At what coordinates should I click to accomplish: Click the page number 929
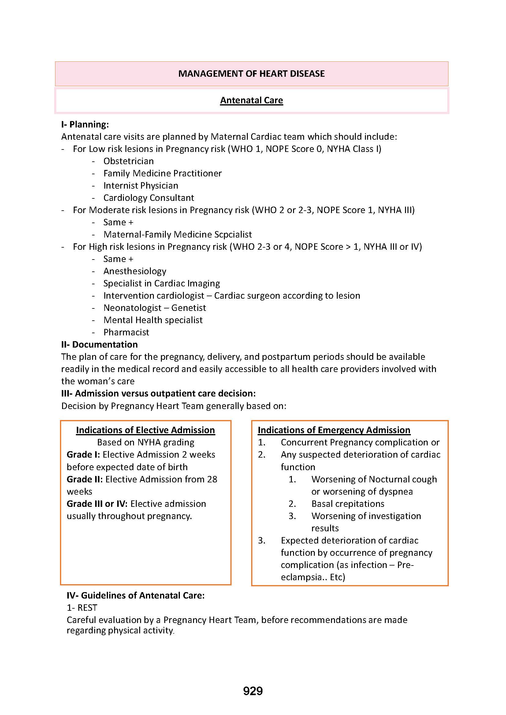pyautogui.click(x=253, y=691)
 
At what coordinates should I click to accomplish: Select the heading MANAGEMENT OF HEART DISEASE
pyautogui.click(x=251, y=74)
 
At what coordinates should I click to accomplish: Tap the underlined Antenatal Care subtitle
pyautogui.click(x=251, y=100)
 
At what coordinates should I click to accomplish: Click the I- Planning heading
pyautogui.click(x=85, y=124)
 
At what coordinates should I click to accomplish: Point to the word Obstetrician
pyautogui.click(x=128, y=161)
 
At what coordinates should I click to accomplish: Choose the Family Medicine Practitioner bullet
pyautogui.click(x=162, y=173)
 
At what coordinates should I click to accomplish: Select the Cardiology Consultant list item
pyautogui.click(x=149, y=198)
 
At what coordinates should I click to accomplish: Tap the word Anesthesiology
pyautogui.click(x=135, y=271)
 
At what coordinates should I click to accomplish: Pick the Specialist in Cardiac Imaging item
pyautogui.click(x=162, y=283)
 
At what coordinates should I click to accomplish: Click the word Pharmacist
pyautogui.click(x=126, y=332)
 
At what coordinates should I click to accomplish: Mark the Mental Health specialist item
pyautogui.click(x=153, y=320)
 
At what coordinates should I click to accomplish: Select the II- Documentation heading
pyautogui.click(x=99, y=345)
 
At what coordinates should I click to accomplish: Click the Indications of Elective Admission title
pyautogui.click(x=146, y=430)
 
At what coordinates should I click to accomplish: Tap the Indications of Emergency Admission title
pyautogui.click(x=334, y=430)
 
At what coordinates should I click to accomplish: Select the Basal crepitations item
pyautogui.click(x=348, y=504)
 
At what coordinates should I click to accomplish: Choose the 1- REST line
pyautogui.click(x=82, y=608)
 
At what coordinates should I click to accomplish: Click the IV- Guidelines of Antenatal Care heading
pyautogui.click(x=136, y=595)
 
